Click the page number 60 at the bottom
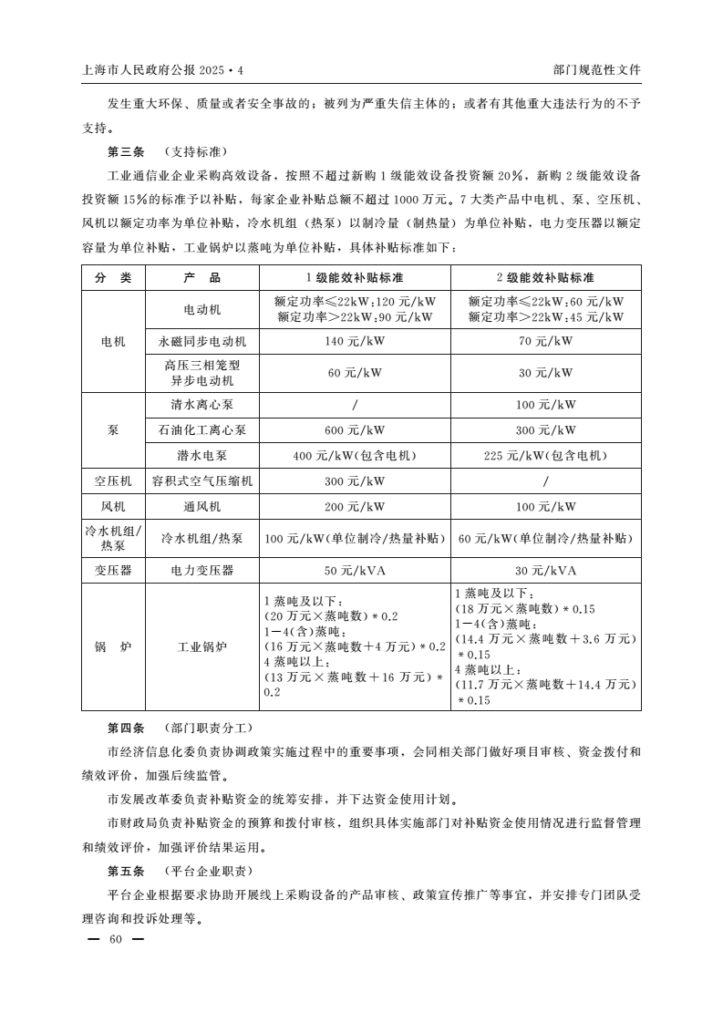pyautogui.click(x=114, y=939)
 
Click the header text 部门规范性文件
pyautogui.click(x=597, y=69)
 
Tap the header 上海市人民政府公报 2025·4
pyautogui.click(x=164, y=69)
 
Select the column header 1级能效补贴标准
pyautogui.click(x=355, y=277)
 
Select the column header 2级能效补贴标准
pyautogui.click(x=545, y=277)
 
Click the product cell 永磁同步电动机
pyautogui.click(x=202, y=341)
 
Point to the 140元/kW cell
pyautogui.click(x=355, y=341)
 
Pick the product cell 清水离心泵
pyautogui.click(x=202, y=405)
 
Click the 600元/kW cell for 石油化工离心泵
pyautogui.click(x=355, y=430)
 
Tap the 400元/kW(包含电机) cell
pyautogui.click(x=355, y=456)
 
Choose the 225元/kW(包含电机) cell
pyautogui.click(x=545, y=456)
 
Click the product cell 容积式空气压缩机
pyautogui.click(x=202, y=480)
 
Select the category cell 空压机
pyautogui.click(x=113, y=480)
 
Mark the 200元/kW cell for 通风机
pyautogui.click(x=355, y=506)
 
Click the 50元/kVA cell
pyautogui.click(x=355, y=570)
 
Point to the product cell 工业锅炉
pyautogui.click(x=202, y=646)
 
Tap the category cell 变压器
pyautogui.click(x=113, y=570)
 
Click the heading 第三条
pyautogui.click(x=126, y=151)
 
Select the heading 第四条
pyautogui.click(x=126, y=728)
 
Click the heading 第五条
pyautogui.click(x=126, y=870)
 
